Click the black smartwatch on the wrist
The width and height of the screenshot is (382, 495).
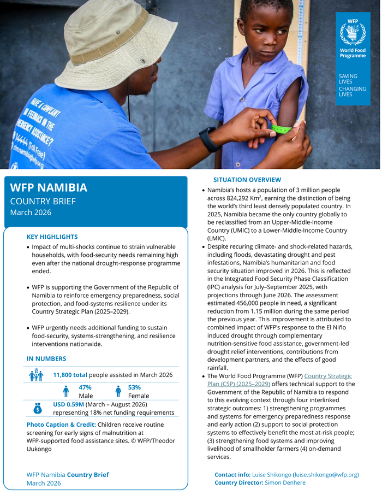209,139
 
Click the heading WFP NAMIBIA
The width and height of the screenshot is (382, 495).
49,187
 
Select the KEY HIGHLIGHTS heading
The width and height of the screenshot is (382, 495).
52,237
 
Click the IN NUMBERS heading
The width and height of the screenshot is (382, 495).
46,359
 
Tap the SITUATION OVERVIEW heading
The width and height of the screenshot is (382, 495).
247,180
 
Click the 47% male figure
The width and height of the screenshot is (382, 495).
85,387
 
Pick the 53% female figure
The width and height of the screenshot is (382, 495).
134,387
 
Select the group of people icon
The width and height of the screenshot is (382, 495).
37,375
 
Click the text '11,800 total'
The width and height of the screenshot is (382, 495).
70,375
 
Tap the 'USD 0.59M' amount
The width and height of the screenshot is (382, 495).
68,404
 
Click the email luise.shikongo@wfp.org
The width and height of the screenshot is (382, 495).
326,475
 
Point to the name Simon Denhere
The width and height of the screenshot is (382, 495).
285,483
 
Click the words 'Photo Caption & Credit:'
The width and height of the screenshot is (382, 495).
61,425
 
